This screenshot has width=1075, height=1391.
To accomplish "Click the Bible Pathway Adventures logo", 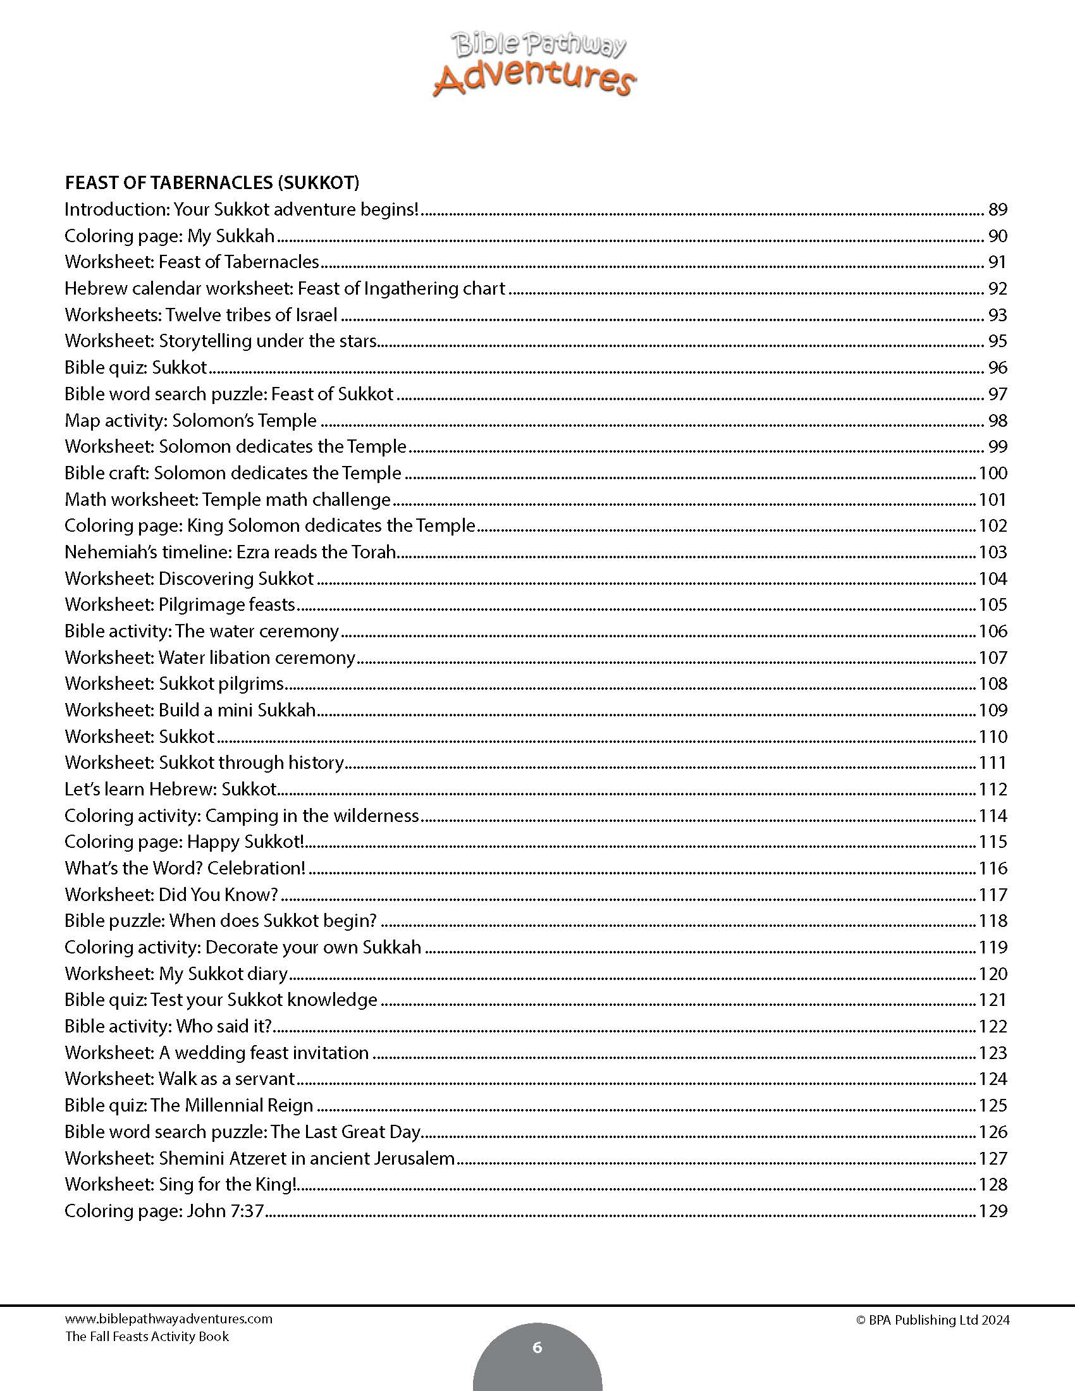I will (x=535, y=66).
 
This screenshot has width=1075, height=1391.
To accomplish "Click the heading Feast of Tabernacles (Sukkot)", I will (x=212, y=183).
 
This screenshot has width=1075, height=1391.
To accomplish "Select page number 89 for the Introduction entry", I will (x=997, y=209).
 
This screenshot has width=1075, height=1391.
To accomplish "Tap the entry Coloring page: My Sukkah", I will (x=169, y=236).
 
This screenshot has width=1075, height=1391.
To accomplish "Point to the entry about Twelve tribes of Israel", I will (x=200, y=315).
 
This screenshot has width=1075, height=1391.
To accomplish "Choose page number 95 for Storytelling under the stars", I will (x=997, y=341).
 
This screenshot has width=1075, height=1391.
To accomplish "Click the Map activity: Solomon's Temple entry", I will (x=190, y=420).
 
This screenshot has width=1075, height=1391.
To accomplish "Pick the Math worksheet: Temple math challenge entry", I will (x=228, y=499).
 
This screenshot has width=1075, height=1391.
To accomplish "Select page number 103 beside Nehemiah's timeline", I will (x=992, y=552).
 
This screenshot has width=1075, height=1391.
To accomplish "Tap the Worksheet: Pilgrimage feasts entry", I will (x=180, y=604).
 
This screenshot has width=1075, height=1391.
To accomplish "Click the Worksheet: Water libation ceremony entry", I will (x=209, y=658).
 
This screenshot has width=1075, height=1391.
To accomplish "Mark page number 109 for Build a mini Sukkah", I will (x=992, y=710).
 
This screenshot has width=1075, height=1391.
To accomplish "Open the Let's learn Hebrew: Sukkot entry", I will (x=170, y=789).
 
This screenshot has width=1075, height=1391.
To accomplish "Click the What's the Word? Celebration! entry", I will (x=185, y=868).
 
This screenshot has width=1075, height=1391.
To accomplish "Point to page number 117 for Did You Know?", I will (x=992, y=895).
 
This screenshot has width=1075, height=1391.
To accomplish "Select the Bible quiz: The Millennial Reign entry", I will (x=188, y=1105).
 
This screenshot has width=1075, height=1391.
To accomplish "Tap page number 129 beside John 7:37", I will (x=992, y=1211).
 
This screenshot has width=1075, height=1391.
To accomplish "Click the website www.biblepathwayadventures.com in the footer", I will (x=168, y=1319).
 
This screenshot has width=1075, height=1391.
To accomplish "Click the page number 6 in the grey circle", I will (x=537, y=1347).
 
